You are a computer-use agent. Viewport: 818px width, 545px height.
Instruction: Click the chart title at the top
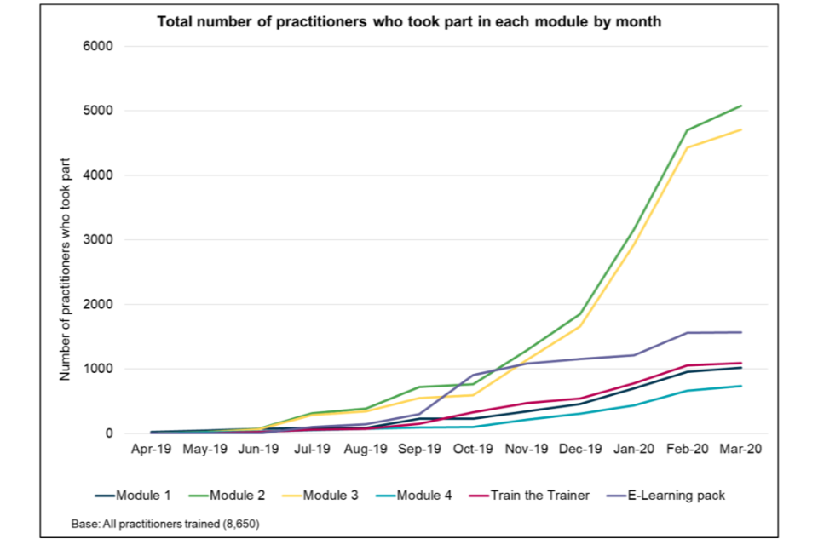[409, 21]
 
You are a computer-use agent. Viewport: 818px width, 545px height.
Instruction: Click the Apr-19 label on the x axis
[147, 449]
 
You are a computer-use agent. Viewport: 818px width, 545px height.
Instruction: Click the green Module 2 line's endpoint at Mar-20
[741, 106]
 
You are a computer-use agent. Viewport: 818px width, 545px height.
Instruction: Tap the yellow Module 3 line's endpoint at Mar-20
[741, 129]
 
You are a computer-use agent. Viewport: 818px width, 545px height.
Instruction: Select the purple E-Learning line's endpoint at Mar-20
[741, 332]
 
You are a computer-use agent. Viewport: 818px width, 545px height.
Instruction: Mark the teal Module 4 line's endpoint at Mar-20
[741, 387]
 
